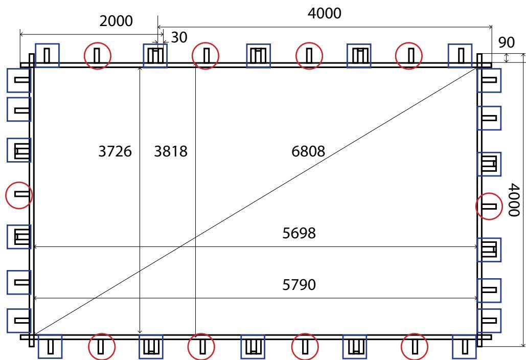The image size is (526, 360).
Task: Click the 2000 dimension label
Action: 116,21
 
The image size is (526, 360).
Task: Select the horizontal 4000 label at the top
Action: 325,13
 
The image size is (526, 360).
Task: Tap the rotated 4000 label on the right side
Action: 514,199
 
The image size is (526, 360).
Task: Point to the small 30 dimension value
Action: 179,37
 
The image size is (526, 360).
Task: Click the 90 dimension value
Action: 506,42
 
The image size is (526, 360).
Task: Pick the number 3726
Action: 115,151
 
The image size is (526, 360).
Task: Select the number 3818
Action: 171,151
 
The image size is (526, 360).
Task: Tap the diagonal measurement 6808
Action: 308,151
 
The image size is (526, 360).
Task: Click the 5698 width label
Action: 299,233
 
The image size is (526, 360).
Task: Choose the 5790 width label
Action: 299,285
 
